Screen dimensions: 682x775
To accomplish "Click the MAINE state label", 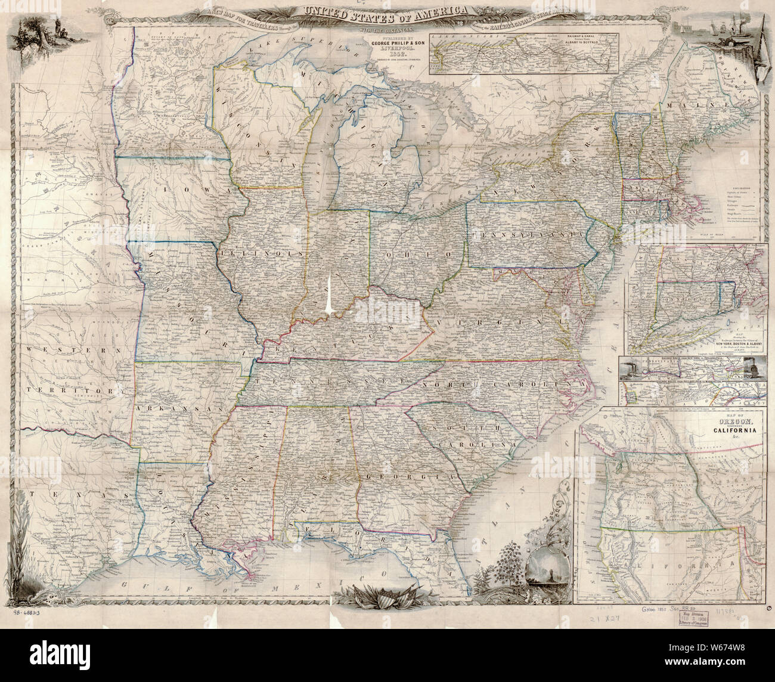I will [724, 106].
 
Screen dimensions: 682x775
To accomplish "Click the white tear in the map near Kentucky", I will [329, 295].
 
